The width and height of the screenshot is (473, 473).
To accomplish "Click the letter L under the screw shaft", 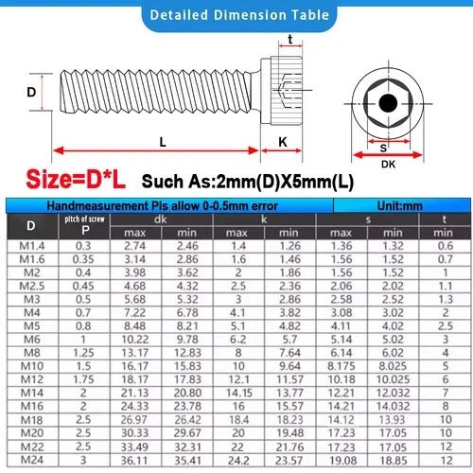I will tap(163, 141).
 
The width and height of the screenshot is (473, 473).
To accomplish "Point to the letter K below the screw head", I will tap(283, 141).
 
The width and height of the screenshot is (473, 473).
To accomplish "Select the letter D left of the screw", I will tap(31, 93).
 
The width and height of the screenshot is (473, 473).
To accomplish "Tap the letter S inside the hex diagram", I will tap(383, 148).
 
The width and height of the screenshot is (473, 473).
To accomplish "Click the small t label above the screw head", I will tap(289, 39).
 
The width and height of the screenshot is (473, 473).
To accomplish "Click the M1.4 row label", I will tap(31, 245).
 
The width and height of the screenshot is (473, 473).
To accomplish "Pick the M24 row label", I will tap(31, 460).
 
